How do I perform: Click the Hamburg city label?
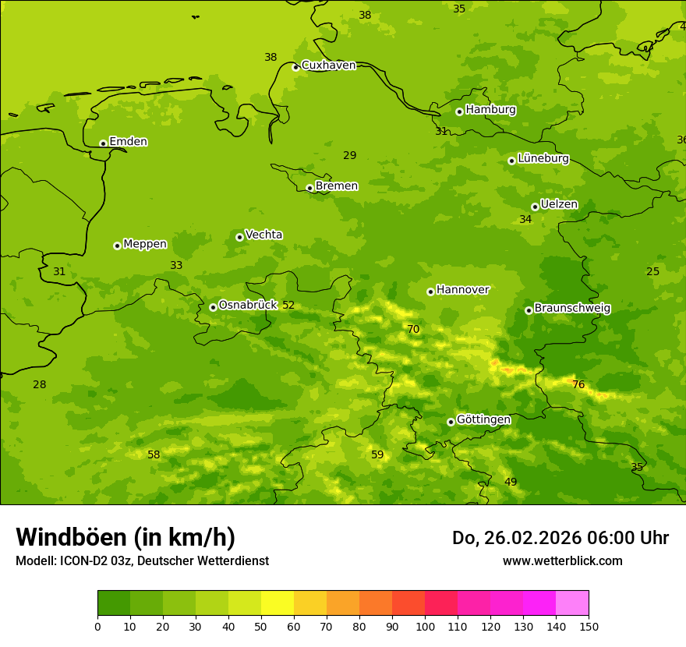pyautogui.click(x=490, y=110)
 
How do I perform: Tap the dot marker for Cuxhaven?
pyautogui.click(x=295, y=67)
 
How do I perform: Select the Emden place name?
pyautogui.click(x=128, y=142)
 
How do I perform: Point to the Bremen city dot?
pyautogui.click(x=309, y=188)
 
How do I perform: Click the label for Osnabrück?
pyautogui.click(x=247, y=305)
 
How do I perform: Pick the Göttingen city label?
pyautogui.click(x=483, y=419)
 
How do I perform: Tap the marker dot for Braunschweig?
pyautogui.click(x=529, y=310)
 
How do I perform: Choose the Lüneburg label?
pyautogui.click(x=543, y=158)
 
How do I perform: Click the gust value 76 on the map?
pyautogui.click(x=578, y=384)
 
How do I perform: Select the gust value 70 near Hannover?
pyautogui.click(x=413, y=330)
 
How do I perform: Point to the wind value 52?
pyautogui.click(x=288, y=306)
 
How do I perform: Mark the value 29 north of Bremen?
pyautogui.click(x=350, y=156)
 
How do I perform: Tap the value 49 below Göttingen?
pyautogui.click(x=511, y=483)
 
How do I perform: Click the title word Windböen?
pyautogui.click(x=71, y=537)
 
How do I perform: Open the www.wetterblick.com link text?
pyautogui.click(x=562, y=561)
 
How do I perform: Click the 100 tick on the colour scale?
pyautogui.click(x=425, y=626)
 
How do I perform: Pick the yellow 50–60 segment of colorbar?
pyautogui.click(x=278, y=603)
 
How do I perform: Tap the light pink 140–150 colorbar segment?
pyautogui.click(x=572, y=603)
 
